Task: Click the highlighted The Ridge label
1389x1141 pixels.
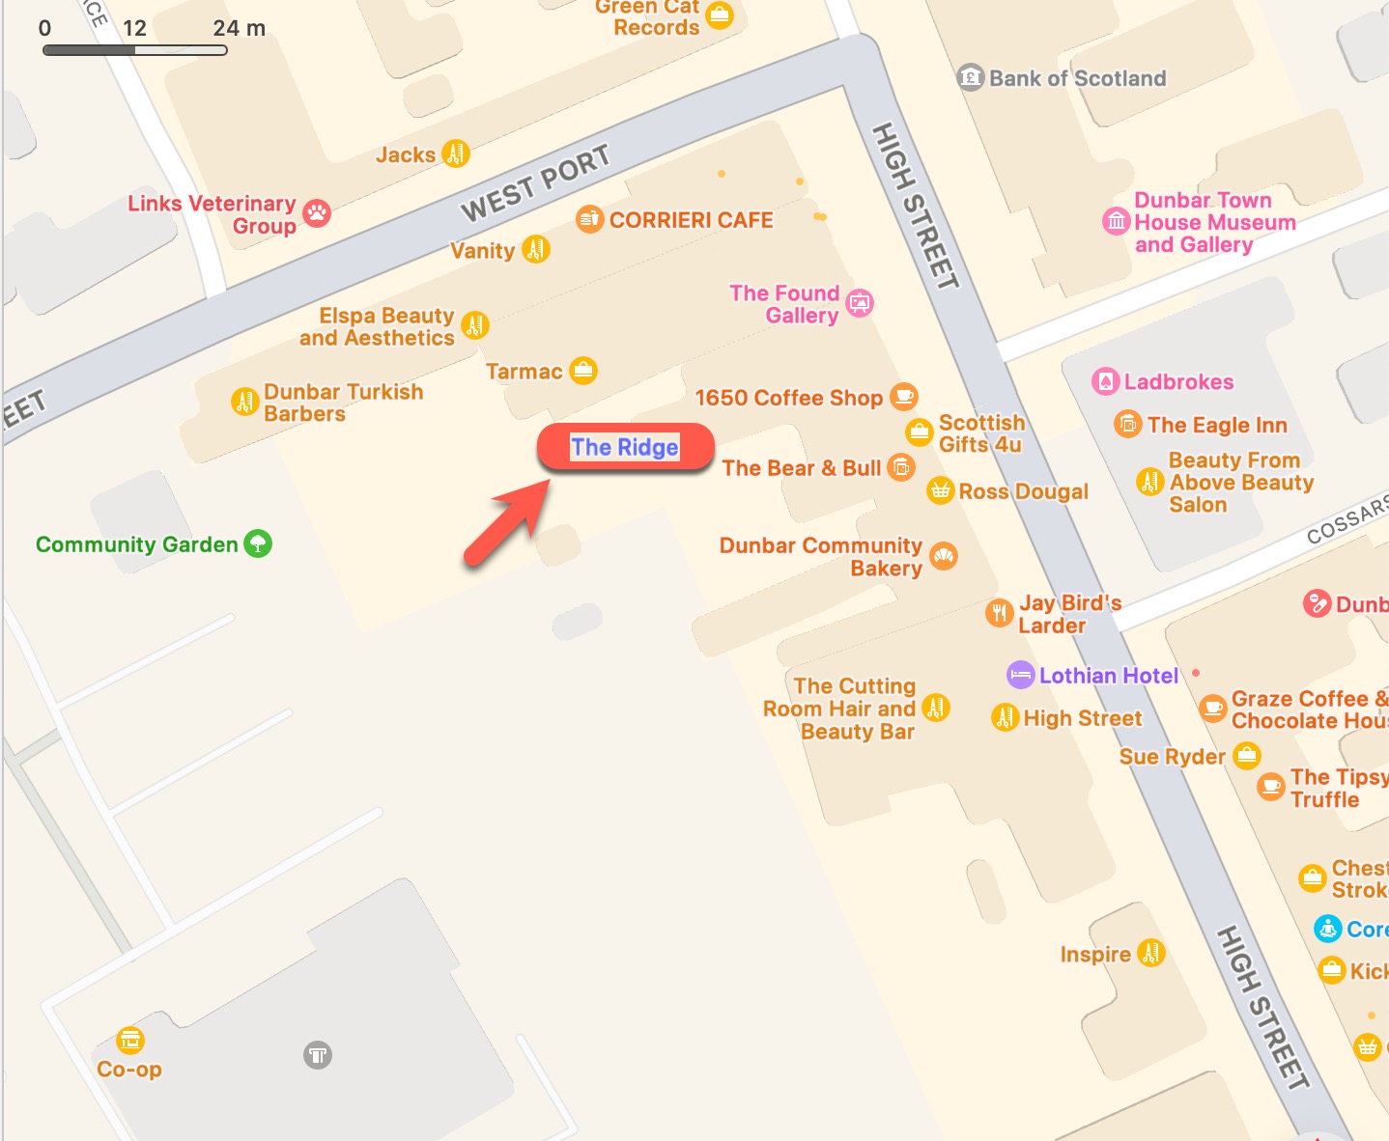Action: click(625, 447)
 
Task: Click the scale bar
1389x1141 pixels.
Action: click(135, 49)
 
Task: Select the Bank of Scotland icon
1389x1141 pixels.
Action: click(970, 77)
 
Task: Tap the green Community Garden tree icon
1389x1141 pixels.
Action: click(258, 543)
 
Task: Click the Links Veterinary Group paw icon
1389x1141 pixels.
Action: click(317, 213)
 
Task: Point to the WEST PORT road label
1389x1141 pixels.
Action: click(535, 183)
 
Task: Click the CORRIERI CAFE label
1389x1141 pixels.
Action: click(691, 220)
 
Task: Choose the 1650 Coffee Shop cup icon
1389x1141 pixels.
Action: click(904, 396)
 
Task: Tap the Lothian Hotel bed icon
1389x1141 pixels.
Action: click(1020, 675)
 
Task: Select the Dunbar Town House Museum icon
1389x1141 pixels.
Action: click(1117, 221)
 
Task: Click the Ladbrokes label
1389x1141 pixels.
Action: click(1178, 381)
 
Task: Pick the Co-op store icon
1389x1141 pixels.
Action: click(130, 1040)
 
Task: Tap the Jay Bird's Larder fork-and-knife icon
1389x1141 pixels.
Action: click(1000, 612)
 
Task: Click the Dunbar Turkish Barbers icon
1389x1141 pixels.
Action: click(245, 401)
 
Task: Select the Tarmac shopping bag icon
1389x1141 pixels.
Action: click(583, 370)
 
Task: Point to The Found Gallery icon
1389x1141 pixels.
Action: click(860, 303)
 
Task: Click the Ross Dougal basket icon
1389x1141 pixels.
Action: click(940, 490)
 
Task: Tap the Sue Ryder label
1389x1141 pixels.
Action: click(1172, 756)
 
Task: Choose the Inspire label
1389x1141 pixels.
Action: click(1095, 954)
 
